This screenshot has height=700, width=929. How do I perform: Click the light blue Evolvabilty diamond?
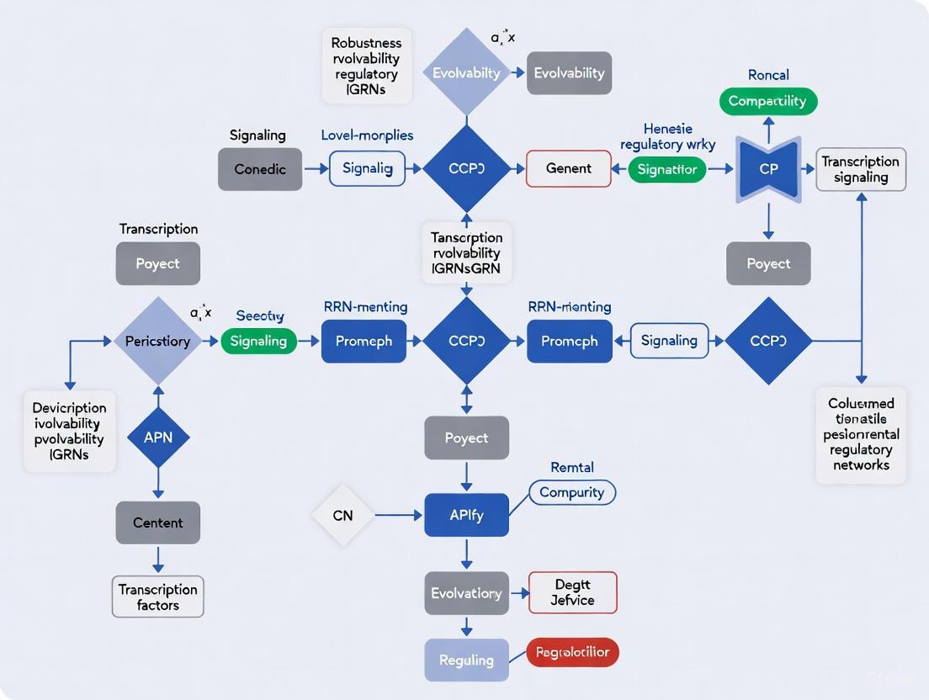click(x=465, y=73)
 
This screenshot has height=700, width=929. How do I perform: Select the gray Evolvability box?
click(x=570, y=73)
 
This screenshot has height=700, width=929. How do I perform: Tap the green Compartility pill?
click(x=767, y=101)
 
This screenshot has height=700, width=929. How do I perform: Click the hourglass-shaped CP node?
click(x=768, y=168)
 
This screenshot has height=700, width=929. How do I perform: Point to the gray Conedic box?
click(x=260, y=169)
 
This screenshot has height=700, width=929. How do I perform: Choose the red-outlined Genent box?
click(x=569, y=168)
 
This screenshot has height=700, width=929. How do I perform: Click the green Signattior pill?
click(x=667, y=169)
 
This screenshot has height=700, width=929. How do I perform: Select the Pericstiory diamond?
click(x=157, y=341)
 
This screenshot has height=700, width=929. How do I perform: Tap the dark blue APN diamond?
click(x=157, y=437)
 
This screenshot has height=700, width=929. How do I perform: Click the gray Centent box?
click(x=157, y=522)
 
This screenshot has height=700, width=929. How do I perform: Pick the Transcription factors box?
click(x=157, y=597)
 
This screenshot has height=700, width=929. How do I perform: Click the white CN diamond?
click(x=342, y=515)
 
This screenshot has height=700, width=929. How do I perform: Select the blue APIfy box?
click(x=466, y=515)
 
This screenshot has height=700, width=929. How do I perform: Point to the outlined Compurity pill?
click(x=572, y=492)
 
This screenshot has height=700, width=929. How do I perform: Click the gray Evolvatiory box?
click(x=466, y=593)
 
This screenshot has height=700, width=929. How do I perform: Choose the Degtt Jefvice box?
click(x=572, y=592)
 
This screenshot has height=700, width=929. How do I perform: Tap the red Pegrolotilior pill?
click(x=572, y=652)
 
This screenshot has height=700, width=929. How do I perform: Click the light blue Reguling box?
click(x=466, y=660)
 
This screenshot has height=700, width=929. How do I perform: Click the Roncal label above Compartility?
click(x=768, y=75)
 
